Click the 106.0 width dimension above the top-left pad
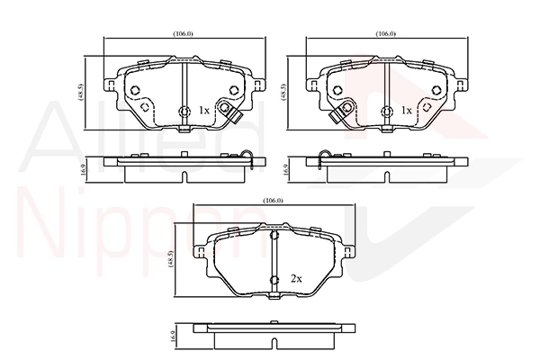pos(183,34)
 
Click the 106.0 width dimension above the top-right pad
pos(386,34)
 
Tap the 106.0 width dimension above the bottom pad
pos(273,201)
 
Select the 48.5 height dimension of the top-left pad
pos(81,93)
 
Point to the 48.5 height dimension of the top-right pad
pos(283,93)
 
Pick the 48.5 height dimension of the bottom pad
pos(171,259)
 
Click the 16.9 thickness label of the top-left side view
pos(84,170)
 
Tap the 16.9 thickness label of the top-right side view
pos(286,170)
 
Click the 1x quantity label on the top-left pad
pos(204,110)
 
